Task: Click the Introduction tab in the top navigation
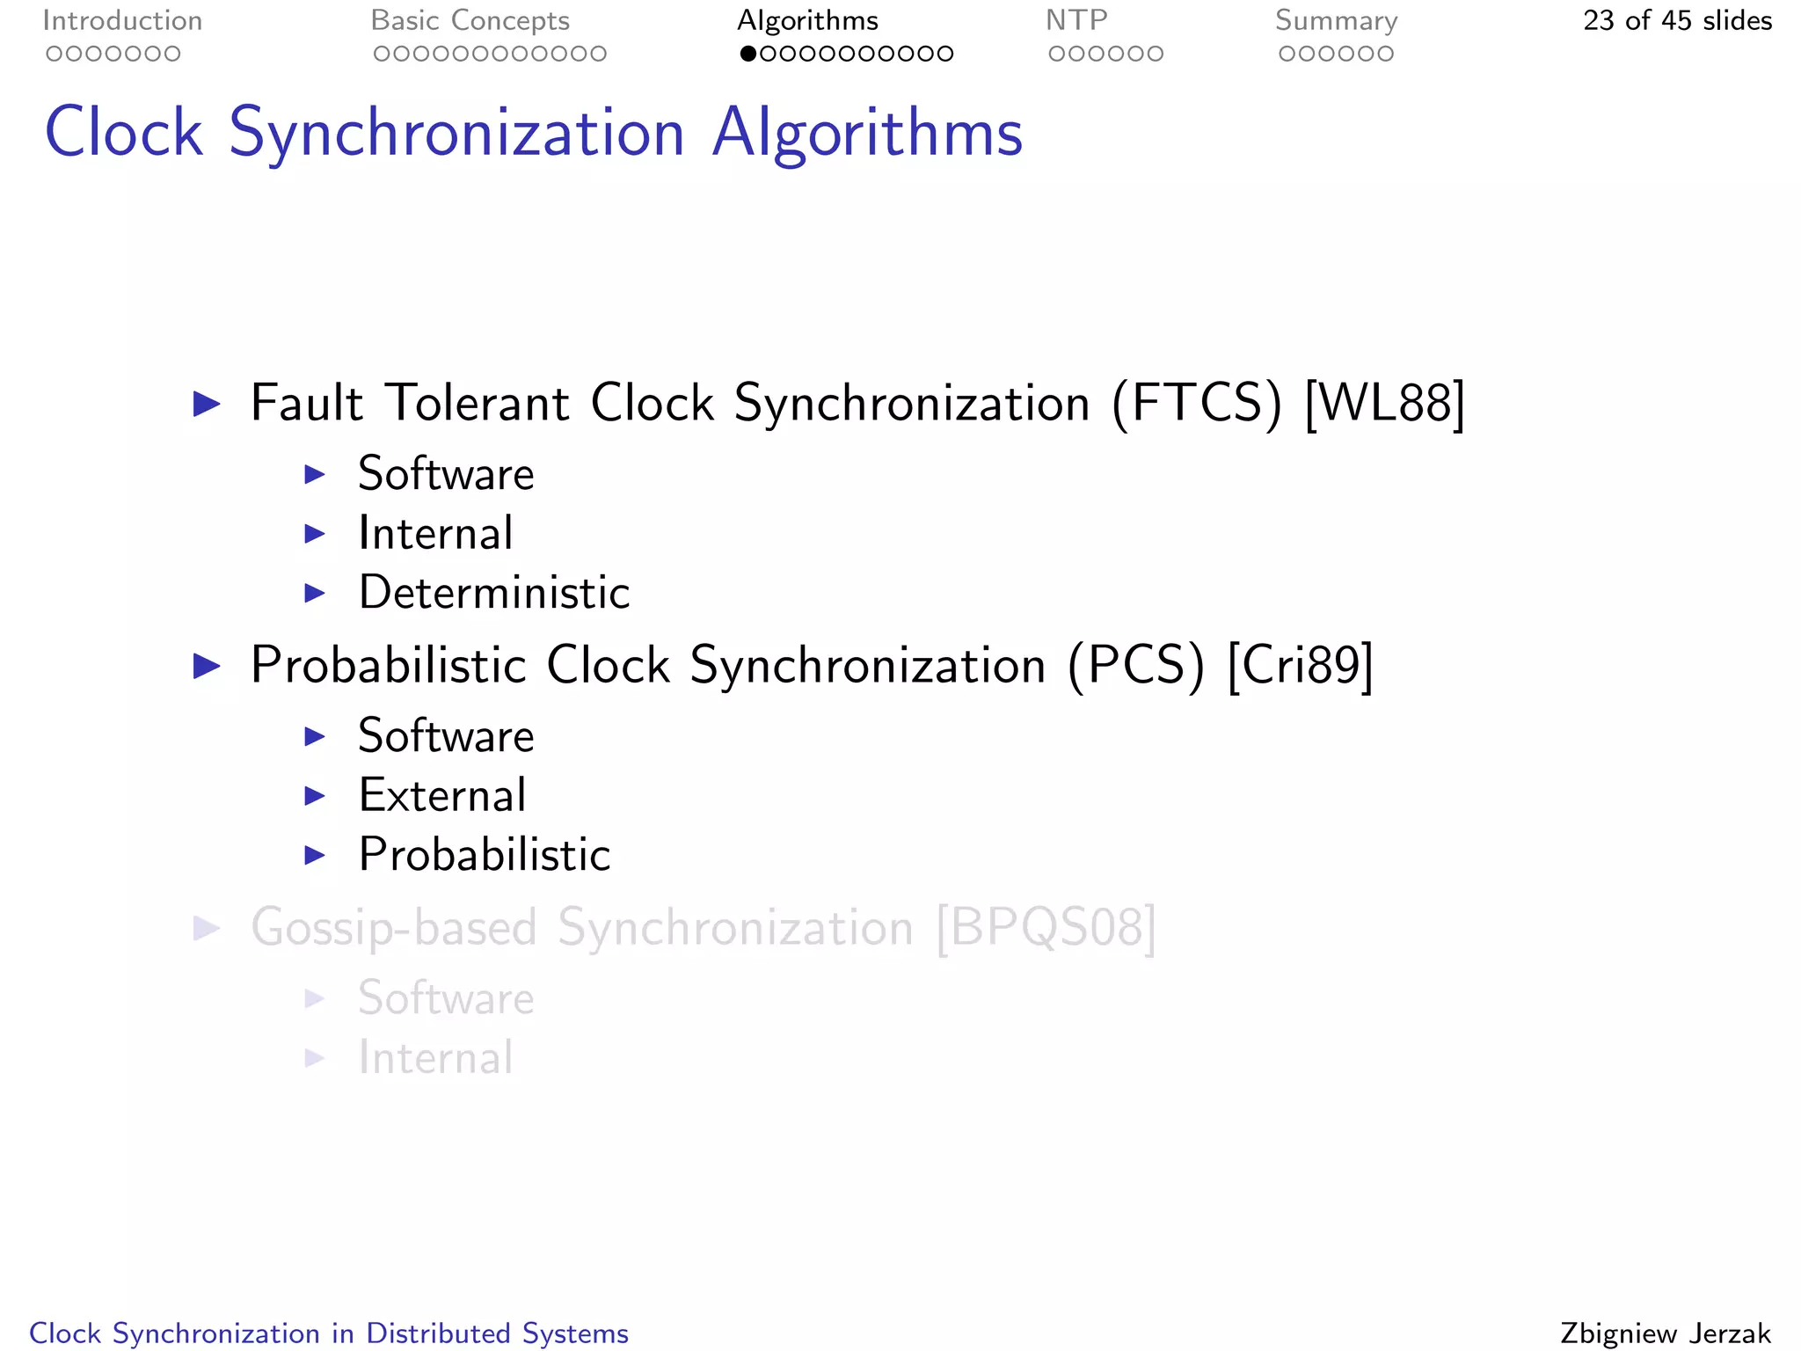(122, 20)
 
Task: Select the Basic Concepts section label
(470, 20)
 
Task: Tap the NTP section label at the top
(1075, 20)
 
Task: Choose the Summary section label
(1336, 20)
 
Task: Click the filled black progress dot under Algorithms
(748, 54)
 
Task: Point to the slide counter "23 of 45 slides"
(1677, 20)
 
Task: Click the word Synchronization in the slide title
(456, 133)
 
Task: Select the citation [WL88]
(1385, 404)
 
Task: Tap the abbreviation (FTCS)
(1197, 404)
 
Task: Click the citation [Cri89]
(1300, 665)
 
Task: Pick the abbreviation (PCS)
(1135, 665)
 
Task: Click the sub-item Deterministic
(494, 592)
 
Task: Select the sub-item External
(442, 795)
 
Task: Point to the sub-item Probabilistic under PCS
(485, 854)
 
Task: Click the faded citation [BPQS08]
(1046, 927)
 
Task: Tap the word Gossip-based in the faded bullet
(394, 927)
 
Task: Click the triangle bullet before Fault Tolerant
(207, 404)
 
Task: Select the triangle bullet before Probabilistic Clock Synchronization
(207, 665)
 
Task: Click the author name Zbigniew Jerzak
(1665, 1333)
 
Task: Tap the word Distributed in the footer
(438, 1333)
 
